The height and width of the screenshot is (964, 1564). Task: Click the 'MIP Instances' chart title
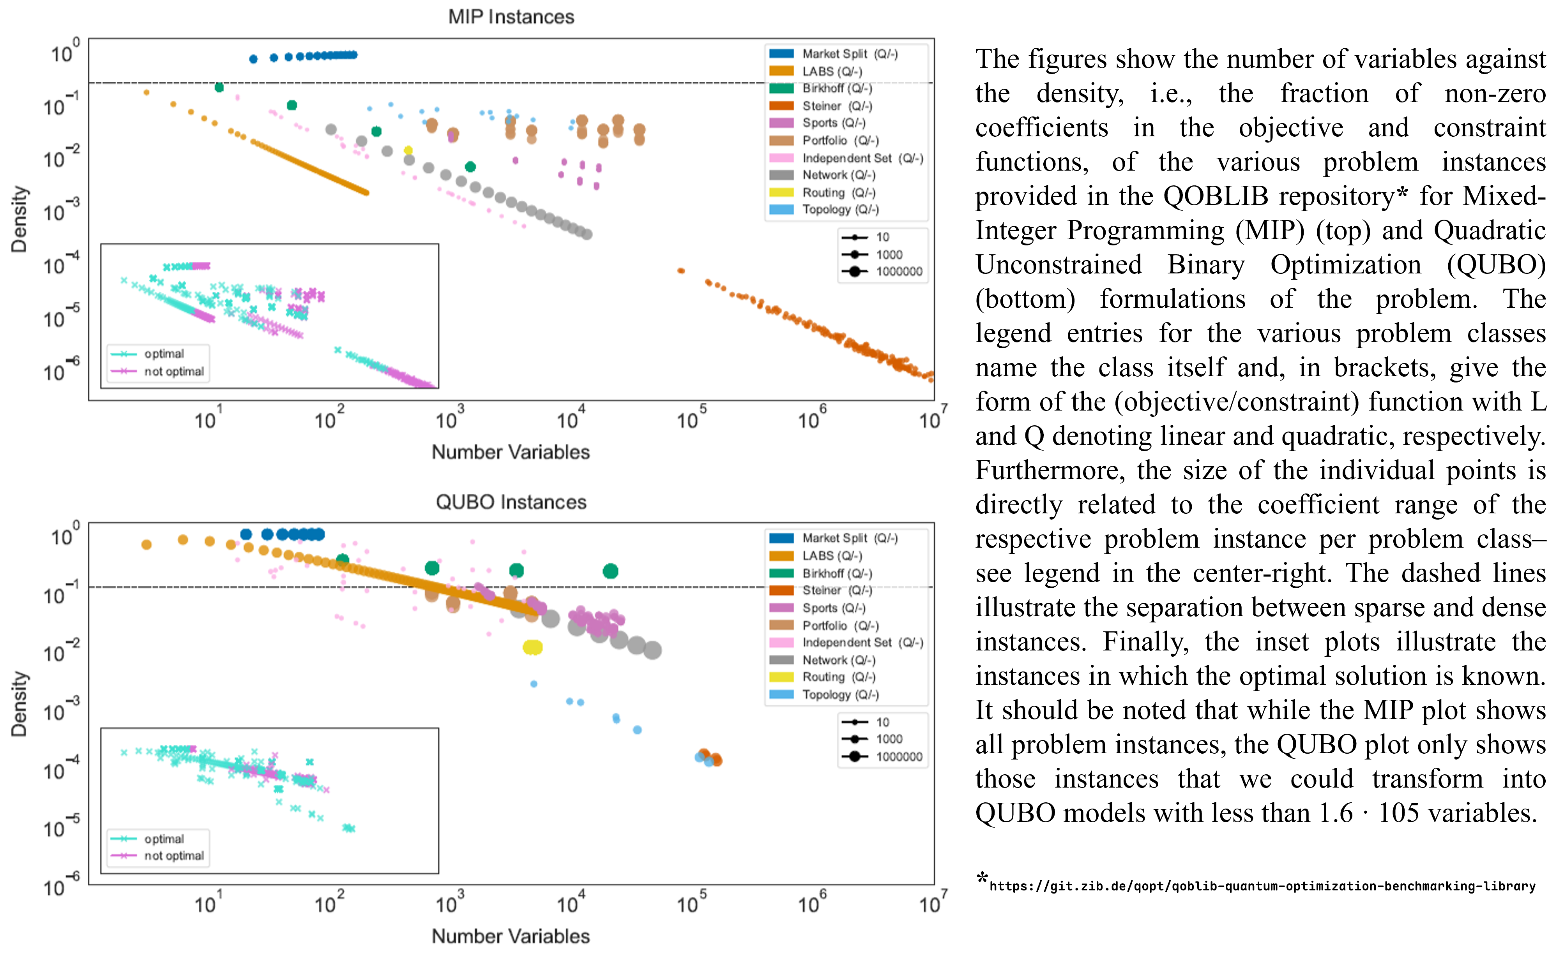(511, 17)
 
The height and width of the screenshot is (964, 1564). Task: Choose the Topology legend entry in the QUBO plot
(840, 694)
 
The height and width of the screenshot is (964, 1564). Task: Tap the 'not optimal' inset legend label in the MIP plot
(173, 371)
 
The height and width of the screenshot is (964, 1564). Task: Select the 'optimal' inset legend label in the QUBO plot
(164, 839)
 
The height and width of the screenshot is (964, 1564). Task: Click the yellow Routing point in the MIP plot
(408, 150)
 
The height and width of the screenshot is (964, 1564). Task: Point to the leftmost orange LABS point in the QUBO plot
(146, 545)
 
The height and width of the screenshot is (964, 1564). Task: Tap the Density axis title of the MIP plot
(19, 219)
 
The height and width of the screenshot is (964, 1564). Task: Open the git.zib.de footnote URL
(1262, 886)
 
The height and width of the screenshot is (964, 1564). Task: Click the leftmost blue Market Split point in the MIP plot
(253, 59)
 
